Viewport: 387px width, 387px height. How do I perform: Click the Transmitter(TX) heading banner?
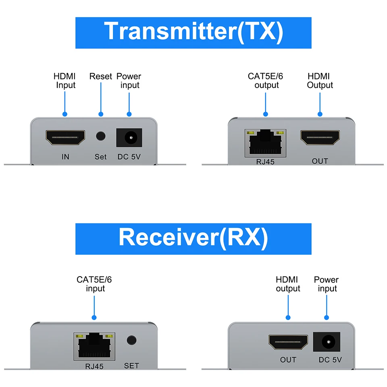(193, 32)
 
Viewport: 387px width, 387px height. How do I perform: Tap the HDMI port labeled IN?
(65, 137)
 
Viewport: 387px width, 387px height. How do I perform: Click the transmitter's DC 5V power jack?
(129, 137)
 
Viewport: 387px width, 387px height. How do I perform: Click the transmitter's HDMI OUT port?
(320, 138)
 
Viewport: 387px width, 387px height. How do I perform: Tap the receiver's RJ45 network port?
(94, 346)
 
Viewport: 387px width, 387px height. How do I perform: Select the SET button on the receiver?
(131, 340)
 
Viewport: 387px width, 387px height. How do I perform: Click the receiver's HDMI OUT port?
(288, 343)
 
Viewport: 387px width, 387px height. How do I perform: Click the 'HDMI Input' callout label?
(65, 81)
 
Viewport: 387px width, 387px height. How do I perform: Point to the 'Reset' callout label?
(101, 76)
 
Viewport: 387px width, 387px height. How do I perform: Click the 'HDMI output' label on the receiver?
(287, 284)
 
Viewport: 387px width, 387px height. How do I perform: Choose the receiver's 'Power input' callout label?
(327, 284)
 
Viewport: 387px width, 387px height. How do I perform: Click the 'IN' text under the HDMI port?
(65, 156)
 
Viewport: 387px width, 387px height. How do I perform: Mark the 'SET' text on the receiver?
(131, 366)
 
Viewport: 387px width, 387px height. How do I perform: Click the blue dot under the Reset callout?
(101, 114)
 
